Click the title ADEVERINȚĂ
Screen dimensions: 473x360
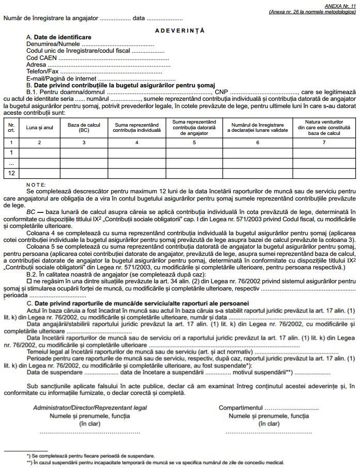point(179,30)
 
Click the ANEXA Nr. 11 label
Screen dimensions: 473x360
point(341,4)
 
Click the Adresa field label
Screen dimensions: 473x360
point(37,65)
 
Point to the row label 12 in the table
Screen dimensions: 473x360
point(11,173)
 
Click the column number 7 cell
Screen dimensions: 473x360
point(324,142)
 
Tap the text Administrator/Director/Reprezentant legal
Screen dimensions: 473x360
point(90,408)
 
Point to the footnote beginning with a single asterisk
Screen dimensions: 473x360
point(91,456)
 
